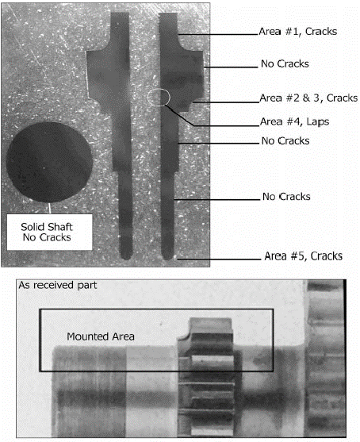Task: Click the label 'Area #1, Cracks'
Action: click(x=297, y=31)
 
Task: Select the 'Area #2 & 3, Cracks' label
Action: click(x=308, y=98)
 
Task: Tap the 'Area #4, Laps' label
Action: click(x=294, y=121)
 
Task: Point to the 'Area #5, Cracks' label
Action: click(x=304, y=256)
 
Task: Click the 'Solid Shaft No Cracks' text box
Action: click(x=50, y=232)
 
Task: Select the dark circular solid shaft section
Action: click(x=50, y=163)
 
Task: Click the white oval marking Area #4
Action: click(x=159, y=98)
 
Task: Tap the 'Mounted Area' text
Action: click(x=101, y=336)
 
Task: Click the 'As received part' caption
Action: click(x=58, y=285)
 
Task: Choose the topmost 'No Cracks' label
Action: click(x=285, y=63)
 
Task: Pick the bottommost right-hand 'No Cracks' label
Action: click(x=286, y=197)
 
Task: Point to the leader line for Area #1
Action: click(x=218, y=35)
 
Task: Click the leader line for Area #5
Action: click(x=219, y=259)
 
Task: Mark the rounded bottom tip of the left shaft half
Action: click(x=126, y=256)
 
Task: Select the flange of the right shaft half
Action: click(x=193, y=76)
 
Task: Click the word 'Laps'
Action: click(x=318, y=121)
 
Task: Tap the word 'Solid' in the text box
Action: click(x=31, y=227)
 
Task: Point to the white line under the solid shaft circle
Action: click(x=50, y=208)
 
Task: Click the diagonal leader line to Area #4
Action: click(x=179, y=115)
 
